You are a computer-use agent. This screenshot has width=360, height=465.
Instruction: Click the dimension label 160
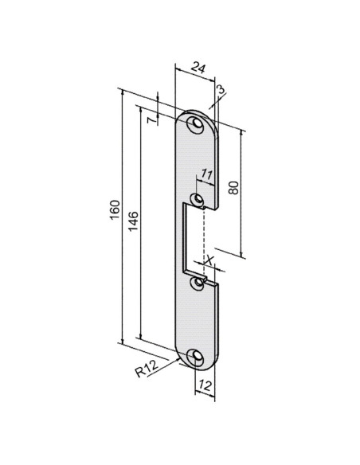(115, 210)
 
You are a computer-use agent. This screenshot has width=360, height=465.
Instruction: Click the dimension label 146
(133, 221)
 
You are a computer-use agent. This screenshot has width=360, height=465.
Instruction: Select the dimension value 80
(233, 187)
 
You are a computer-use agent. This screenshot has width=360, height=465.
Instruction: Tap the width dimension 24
(198, 68)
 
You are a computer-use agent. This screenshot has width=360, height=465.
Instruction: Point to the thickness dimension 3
(221, 89)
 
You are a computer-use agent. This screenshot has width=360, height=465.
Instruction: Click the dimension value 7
(151, 120)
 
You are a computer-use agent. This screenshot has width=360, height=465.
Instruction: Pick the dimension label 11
(207, 174)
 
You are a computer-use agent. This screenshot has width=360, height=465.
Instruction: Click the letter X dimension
(209, 260)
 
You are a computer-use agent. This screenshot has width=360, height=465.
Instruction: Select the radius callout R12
(147, 369)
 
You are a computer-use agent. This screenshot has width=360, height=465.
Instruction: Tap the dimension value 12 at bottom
(205, 385)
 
